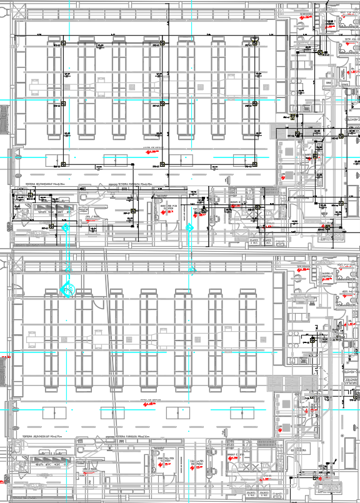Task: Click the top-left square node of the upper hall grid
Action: (63, 43)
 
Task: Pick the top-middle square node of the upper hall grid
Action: (161, 43)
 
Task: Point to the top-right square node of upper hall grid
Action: (254, 43)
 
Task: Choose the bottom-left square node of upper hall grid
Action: (63, 165)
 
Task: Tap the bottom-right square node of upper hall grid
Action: (254, 165)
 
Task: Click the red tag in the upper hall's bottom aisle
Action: (151, 151)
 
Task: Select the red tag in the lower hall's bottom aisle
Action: (150, 404)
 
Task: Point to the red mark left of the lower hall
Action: (7, 356)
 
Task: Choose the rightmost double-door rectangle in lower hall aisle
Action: (242, 412)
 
